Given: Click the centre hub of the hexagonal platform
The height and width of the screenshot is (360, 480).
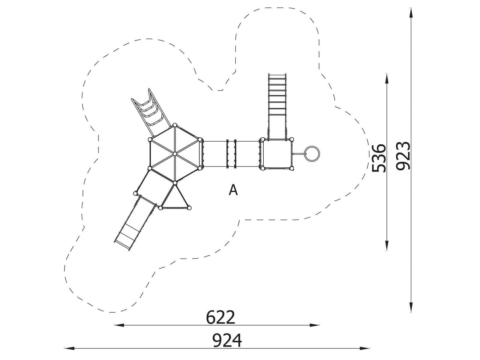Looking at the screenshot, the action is pyautogui.click(x=175, y=154).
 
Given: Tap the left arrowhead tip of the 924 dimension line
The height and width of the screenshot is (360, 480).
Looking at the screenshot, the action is pyautogui.click(x=64, y=348).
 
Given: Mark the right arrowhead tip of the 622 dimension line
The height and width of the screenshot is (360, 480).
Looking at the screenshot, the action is pyautogui.click(x=319, y=325).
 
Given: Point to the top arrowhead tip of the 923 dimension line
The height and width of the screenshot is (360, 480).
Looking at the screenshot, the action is pyautogui.click(x=411, y=8).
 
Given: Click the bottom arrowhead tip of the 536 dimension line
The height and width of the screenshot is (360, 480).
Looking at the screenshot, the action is pyautogui.click(x=387, y=250).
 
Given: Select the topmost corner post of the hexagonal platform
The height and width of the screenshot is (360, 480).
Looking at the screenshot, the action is pyautogui.click(x=175, y=125).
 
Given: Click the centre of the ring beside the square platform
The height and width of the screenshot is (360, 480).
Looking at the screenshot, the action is pyautogui.click(x=312, y=154).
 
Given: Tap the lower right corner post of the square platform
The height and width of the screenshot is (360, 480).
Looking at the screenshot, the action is pyautogui.click(x=291, y=168).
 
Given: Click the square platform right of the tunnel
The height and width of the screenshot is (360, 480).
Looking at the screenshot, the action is pyautogui.click(x=277, y=154).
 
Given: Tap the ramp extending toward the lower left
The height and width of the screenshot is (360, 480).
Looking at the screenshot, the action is pyautogui.click(x=136, y=223).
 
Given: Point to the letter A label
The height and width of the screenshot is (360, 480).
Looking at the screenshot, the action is pyautogui.click(x=233, y=190).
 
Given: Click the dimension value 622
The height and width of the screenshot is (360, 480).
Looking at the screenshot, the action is pyautogui.click(x=220, y=317).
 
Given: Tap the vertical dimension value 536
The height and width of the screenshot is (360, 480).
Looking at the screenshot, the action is pyautogui.click(x=379, y=158).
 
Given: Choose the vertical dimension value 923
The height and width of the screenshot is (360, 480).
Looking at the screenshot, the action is pyautogui.click(x=403, y=156).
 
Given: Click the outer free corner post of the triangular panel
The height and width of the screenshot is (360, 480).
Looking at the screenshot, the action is pyautogui.click(x=189, y=208).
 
